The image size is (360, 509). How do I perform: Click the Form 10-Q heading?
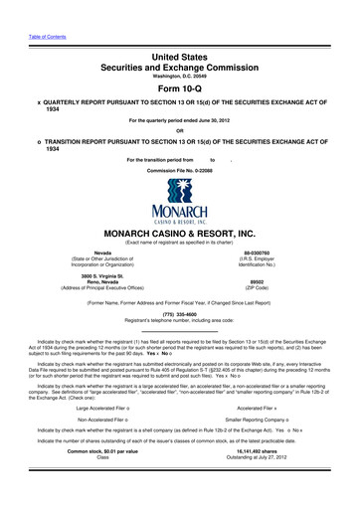179,83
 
